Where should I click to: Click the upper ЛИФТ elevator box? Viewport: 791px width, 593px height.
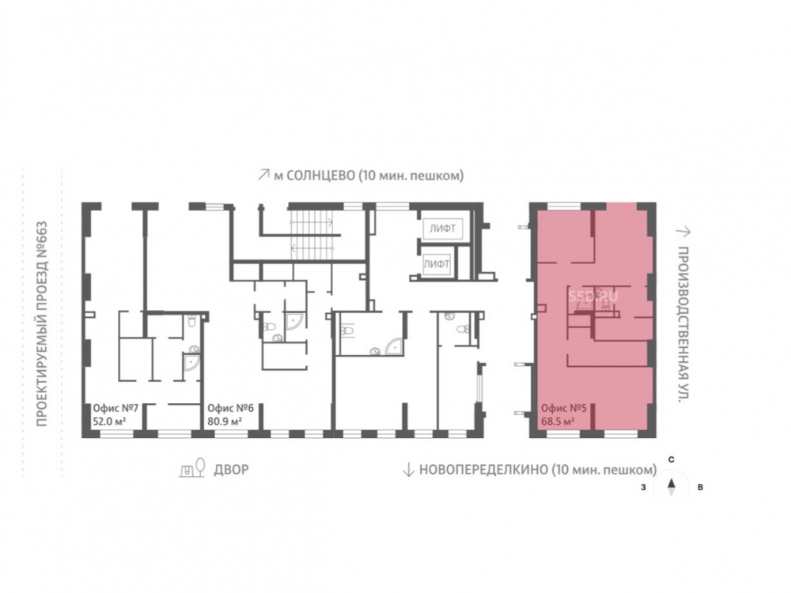point(443,228)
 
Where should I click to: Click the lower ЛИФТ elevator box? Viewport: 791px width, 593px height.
point(437,264)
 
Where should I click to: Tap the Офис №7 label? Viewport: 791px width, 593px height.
point(115,408)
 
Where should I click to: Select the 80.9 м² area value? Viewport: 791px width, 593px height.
point(224,421)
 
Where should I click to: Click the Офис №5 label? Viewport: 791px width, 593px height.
point(564,408)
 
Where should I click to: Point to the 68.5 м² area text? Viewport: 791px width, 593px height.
point(558,421)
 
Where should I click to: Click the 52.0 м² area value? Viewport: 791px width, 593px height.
point(109,421)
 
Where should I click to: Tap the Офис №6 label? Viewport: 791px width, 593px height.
point(230,408)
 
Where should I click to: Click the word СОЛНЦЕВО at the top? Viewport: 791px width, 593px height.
point(320,176)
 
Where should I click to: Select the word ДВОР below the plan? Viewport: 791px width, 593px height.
point(232,470)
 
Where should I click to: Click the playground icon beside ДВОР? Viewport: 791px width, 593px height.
point(192,467)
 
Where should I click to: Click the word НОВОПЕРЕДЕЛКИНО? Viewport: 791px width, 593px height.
point(483,470)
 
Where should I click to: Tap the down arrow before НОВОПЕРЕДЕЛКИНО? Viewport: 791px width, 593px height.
point(408,470)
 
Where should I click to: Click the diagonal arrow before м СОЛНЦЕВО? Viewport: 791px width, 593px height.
point(263,175)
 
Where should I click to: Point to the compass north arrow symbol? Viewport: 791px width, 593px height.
point(672,487)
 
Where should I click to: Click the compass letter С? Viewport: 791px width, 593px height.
point(672,460)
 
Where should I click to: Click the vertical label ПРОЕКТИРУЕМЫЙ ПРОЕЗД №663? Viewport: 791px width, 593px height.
point(42,323)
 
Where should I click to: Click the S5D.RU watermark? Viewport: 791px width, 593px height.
point(592,296)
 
